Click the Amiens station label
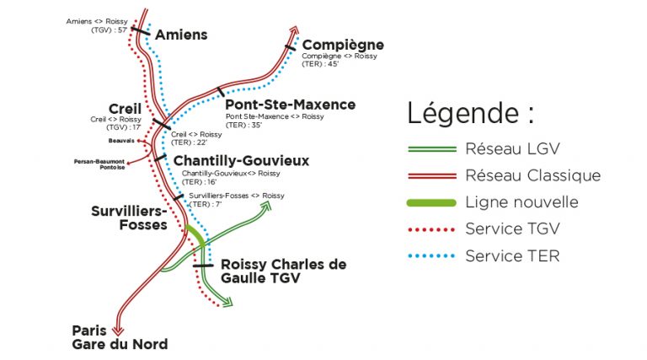coord(182,35)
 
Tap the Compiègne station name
coord(342,44)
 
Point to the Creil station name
coord(125,108)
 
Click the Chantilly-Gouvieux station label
coord(241,160)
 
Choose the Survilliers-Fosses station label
coord(129,218)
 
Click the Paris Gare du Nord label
coord(119,336)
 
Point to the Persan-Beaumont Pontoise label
coord(99,164)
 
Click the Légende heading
coord(470,113)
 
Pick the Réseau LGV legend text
coord(512,148)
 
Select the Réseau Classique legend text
coord(532,175)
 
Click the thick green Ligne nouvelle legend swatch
coord(430,202)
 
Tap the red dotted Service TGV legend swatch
coord(430,228)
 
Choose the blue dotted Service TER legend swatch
coord(430,255)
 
